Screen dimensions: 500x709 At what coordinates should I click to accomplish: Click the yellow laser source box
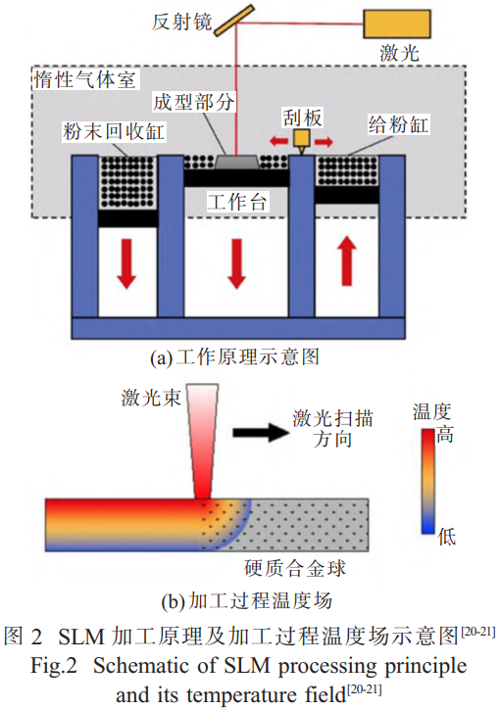pos(397,24)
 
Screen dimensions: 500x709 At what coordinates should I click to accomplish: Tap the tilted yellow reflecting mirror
pos(234,20)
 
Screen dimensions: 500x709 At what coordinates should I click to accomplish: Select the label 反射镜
pos(182,22)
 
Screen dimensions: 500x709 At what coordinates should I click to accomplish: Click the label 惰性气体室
pos(85,80)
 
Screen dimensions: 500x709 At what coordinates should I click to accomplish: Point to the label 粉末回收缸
pos(114,131)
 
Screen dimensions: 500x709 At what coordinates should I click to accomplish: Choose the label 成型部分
pos(193,102)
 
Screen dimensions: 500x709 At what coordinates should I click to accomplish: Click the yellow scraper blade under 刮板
pos(301,140)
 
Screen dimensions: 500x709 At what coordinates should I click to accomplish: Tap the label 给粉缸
pos(398,124)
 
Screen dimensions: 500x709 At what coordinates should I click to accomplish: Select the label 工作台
pos(236,201)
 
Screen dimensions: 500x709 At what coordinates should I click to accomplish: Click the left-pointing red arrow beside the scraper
pos(278,142)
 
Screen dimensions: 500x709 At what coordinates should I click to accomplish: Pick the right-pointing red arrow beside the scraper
pos(324,142)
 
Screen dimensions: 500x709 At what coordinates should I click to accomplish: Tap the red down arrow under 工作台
pos(236,263)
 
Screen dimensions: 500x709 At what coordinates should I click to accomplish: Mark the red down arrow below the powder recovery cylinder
pos(126,263)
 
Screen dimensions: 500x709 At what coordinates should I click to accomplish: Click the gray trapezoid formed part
pos(236,163)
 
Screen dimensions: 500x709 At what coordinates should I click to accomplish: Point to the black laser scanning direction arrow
pos(261,432)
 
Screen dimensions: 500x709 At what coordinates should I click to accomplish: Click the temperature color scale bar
pos(428,482)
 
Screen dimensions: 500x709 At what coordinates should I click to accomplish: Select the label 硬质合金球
pos(295,568)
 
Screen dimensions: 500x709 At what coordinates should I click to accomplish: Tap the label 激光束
pos(151,398)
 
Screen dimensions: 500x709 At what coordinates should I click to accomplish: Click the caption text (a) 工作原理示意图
pos(235,356)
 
